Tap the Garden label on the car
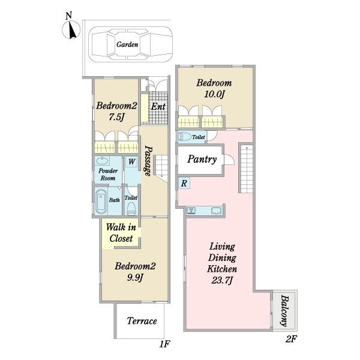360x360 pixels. click(x=127, y=44)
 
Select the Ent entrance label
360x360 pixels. click(x=158, y=107)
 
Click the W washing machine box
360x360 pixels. click(x=131, y=161)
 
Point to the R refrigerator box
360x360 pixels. click(x=184, y=183)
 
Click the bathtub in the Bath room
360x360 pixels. click(x=101, y=202)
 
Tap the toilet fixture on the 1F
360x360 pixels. click(x=131, y=208)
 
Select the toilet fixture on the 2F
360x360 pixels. click(x=185, y=137)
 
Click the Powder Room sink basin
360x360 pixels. click(x=102, y=161)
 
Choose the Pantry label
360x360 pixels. click(x=202, y=159)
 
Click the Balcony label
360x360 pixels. click(x=284, y=311)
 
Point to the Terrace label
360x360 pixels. click(x=142, y=321)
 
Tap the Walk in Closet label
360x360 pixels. click(x=121, y=233)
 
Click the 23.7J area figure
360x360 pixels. click(x=222, y=280)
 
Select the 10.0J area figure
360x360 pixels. click(x=214, y=94)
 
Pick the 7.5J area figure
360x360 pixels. click(x=116, y=117)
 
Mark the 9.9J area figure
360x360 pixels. click(x=135, y=278)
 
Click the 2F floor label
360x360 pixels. click(x=292, y=339)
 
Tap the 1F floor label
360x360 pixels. click(x=164, y=344)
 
